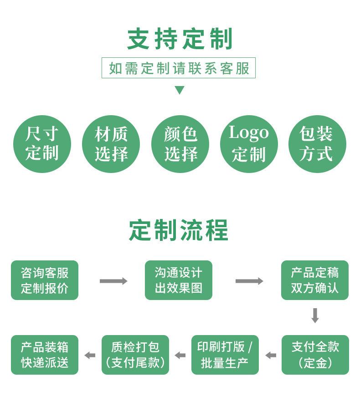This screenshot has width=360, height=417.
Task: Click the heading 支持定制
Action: [x=180, y=39]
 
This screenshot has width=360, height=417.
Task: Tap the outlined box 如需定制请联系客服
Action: [x=179, y=68]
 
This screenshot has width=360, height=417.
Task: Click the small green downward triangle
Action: [x=180, y=90]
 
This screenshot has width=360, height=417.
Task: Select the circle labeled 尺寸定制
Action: [x=42, y=144]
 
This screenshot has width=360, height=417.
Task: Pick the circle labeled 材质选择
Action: [x=111, y=144]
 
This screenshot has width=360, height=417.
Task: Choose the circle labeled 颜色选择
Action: [x=180, y=144]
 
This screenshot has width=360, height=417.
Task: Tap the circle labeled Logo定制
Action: [x=249, y=144]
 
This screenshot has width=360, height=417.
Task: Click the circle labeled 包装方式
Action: [x=317, y=144]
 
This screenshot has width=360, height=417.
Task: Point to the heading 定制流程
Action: [x=179, y=230]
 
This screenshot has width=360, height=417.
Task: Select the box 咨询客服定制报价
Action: [x=45, y=280]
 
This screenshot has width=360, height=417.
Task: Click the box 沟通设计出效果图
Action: [x=179, y=280]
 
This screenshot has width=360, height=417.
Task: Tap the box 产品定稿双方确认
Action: [x=315, y=280]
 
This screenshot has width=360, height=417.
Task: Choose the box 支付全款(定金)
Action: [x=315, y=355]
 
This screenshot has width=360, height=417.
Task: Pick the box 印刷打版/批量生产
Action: [x=225, y=355]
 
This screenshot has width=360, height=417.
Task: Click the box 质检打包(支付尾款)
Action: [x=135, y=355]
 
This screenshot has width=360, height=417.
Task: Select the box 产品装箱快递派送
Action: [x=45, y=355]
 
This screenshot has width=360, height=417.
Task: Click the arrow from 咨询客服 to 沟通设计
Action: [x=113, y=281]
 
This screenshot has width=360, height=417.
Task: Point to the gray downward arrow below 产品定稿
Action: [x=315, y=315]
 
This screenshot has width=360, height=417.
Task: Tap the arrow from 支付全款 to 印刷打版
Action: [x=271, y=355]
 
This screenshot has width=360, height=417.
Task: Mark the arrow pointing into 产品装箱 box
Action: [x=90, y=355]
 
